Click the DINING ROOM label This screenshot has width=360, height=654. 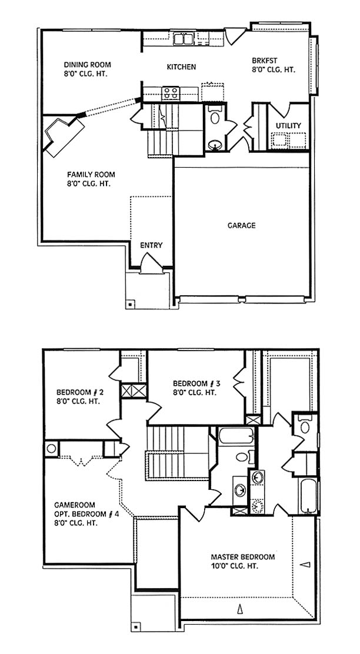tap(87, 65)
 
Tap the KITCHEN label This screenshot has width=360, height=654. tap(181, 66)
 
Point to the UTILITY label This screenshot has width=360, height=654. tap(288, 125)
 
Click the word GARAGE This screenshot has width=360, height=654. tap(242, 225)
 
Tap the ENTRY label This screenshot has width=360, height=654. tap(151, 245)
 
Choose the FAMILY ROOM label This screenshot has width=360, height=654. tap(91, 174)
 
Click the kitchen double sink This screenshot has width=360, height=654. tap(184, 39)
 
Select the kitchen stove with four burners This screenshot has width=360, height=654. tap(170, 92)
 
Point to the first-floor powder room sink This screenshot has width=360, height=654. tap(215, 145)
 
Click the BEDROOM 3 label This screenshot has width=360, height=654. tap(196, 383)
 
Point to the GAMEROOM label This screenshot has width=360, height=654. tap(69, 504)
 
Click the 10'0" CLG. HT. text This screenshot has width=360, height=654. tap(234, 566)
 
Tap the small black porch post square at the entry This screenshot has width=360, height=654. tap(131, 303)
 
